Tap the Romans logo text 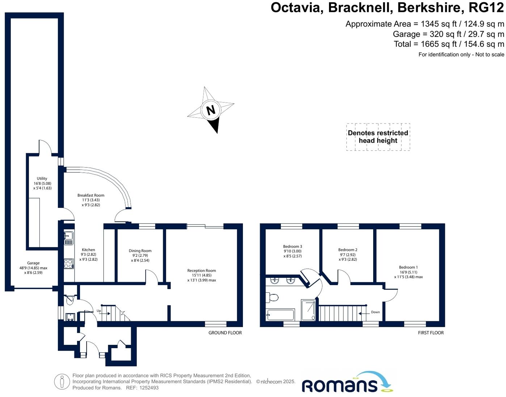[x=340, y=385]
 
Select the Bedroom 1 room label [x=408, y=267]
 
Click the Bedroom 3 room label [x=292, y=247]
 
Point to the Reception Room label [x=202, y=271]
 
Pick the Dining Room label [x=140, y=251]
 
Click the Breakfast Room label [x=91, y=195]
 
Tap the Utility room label [x=42, y=179]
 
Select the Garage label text [x=33, y=263]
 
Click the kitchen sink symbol [x=68, y=236]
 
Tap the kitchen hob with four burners [x=68, y=264]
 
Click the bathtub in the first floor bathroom [x=280, y=314]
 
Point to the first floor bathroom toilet [x=272, y=297]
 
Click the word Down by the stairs [x=375, y=312]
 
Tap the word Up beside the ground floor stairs [x=99, y=311]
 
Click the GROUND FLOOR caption [x=225, y=333]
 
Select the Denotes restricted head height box [x=378, y=137]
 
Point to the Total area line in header [x=449, y=44]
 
